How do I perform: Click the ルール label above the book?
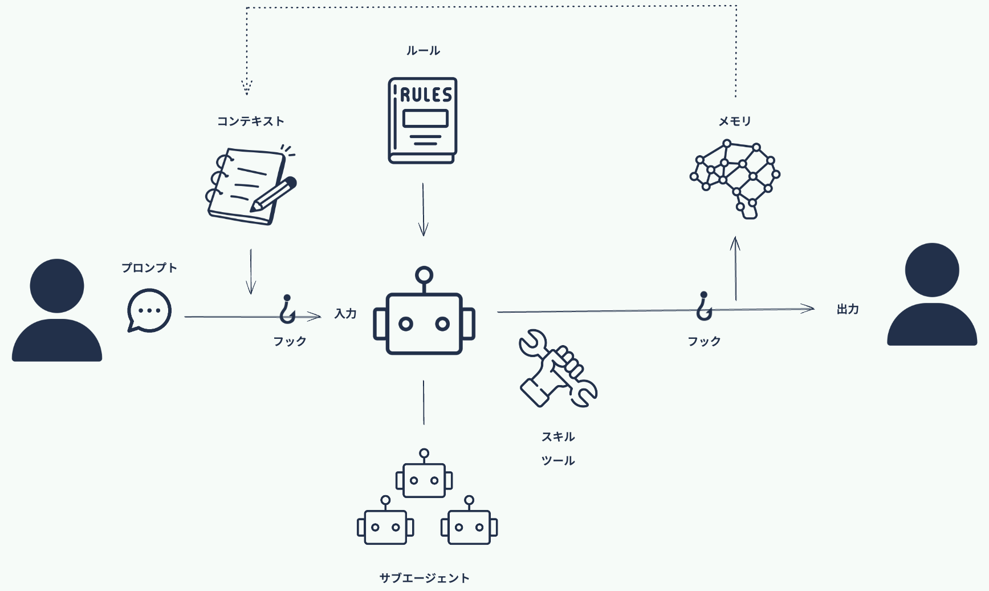tap(423, 51)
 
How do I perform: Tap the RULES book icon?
tap(423, 120)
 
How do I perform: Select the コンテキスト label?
tap(250, 121)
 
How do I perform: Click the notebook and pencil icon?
tap(251, 185)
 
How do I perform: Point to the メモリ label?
tap(735, 121)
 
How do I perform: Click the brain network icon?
tap(735, 179)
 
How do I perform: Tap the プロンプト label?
tap(149, 268)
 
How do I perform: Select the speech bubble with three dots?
tap(149, 310)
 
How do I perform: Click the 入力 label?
tap(345, 313)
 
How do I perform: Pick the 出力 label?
tap(848, 309)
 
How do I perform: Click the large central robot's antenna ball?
tap(424, 276)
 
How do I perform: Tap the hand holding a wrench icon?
tap(557, 369)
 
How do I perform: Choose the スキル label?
tap(558, 437)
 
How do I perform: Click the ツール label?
tap(558, 460)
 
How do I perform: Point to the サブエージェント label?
tap(425, 578)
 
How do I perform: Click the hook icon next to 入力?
tap(287, 309)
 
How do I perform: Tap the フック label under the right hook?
tap(704, 341)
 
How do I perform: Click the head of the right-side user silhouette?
tap(932, 270)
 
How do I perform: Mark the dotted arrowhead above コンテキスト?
tap(247, 87)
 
